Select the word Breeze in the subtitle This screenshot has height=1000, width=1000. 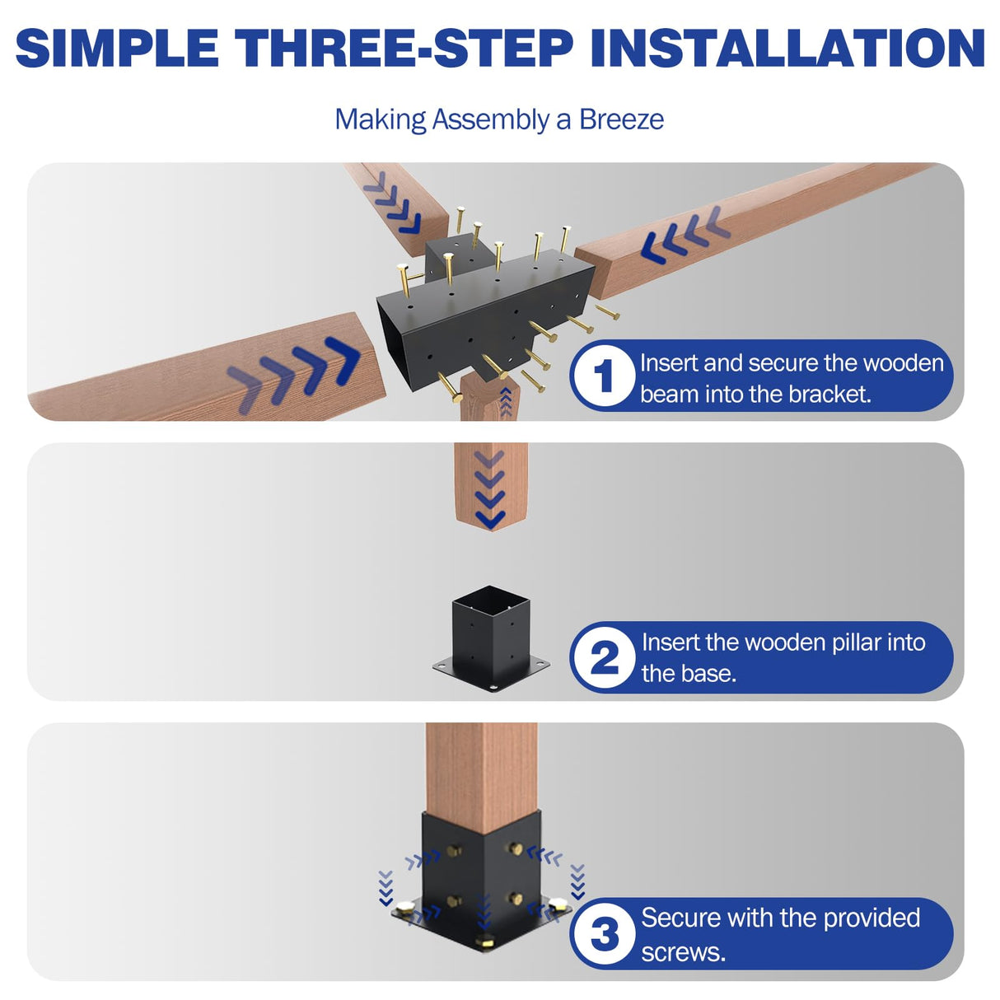621,119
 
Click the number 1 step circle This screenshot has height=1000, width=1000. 604,376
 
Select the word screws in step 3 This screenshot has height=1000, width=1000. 683,952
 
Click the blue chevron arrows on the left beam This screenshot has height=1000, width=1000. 297,371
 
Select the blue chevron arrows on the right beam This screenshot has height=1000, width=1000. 684,235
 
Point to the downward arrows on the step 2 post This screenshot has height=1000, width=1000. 490,490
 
